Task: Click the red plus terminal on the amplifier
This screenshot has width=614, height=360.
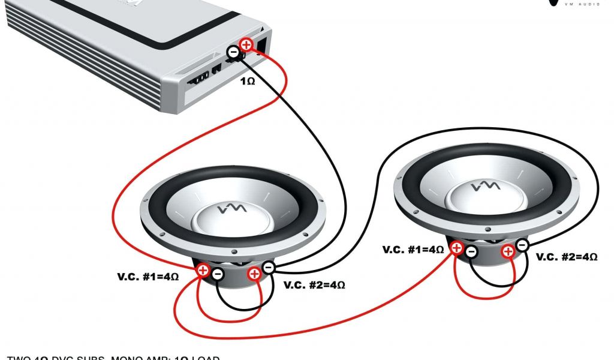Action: [246, 44]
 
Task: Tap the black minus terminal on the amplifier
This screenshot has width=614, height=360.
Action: [233, 53]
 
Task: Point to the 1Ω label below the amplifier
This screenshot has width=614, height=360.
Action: [248, 80]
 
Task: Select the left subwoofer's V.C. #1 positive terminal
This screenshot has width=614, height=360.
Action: [203, 270]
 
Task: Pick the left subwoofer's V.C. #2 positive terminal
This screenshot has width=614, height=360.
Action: [254, 274]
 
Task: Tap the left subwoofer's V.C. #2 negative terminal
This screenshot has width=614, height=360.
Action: [269, 268]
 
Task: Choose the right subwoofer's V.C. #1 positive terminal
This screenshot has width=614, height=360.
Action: [457, 247]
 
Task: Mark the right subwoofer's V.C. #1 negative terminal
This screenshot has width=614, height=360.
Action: [471, 251]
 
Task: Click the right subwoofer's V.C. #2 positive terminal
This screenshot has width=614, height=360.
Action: [508, 251]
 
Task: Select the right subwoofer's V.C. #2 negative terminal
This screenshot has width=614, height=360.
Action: [522, 245]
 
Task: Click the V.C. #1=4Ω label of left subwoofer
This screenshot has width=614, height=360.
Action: [148, 277]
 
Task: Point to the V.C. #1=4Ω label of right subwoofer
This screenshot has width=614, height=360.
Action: [413, 249]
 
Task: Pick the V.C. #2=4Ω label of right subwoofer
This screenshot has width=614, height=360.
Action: [567, 257]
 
